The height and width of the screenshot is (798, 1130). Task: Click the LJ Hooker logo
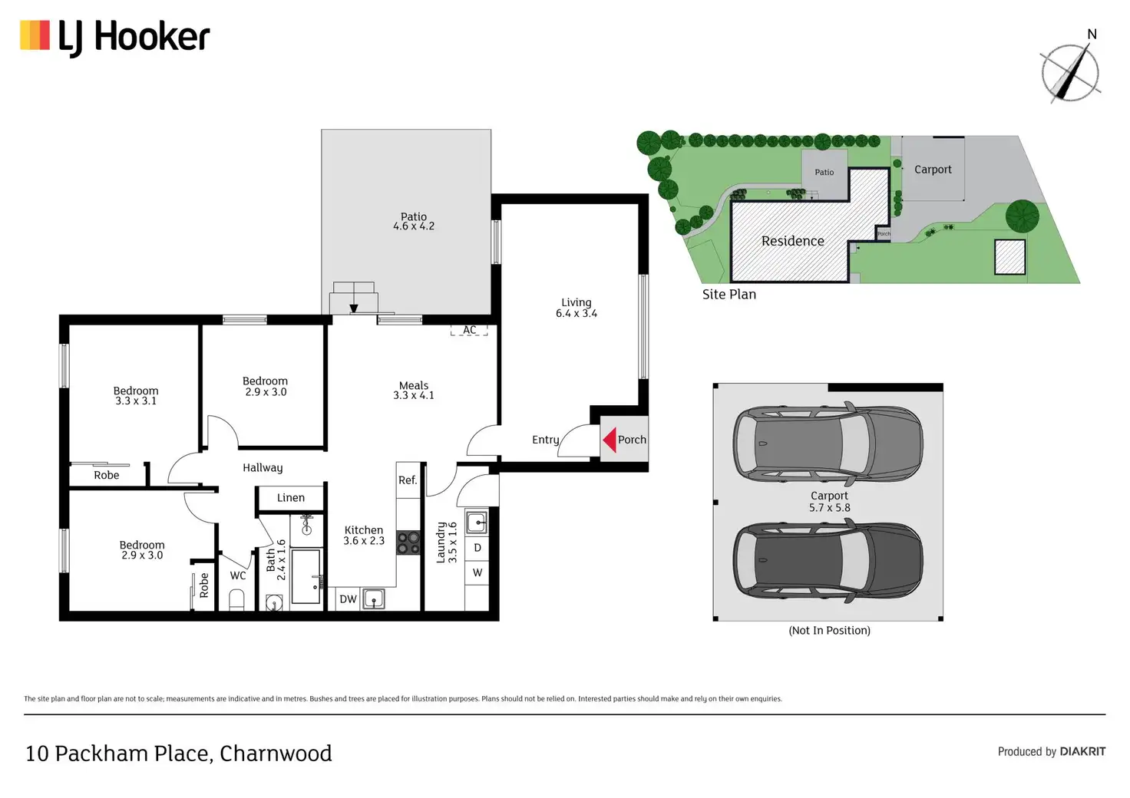point(115,38)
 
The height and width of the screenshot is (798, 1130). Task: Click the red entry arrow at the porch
point(609,440)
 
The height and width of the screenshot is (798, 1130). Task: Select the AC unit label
point(469,330)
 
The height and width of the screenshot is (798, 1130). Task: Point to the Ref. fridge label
point(408,480)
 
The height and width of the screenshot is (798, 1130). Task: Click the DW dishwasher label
point(348,599)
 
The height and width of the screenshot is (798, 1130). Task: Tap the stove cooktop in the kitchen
point(408,543)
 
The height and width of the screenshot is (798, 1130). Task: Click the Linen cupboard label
point(291,498)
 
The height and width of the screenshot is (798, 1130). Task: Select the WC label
point(238,575)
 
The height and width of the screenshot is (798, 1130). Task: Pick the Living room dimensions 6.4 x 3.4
point(577,313)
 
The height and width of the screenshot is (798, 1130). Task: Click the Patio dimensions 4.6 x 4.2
point(414,226)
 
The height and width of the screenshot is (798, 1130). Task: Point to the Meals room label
point(414,386)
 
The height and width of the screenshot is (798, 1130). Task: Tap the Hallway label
point(263,468)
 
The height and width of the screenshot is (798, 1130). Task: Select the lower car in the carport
point(828,560)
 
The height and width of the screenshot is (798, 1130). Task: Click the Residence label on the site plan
point(793,241)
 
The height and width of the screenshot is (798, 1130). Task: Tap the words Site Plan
point(729,295)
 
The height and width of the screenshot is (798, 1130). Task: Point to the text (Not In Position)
point(829,631)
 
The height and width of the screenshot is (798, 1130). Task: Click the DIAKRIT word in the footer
point(1082,752)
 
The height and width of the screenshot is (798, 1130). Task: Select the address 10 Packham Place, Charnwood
point(179,753)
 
